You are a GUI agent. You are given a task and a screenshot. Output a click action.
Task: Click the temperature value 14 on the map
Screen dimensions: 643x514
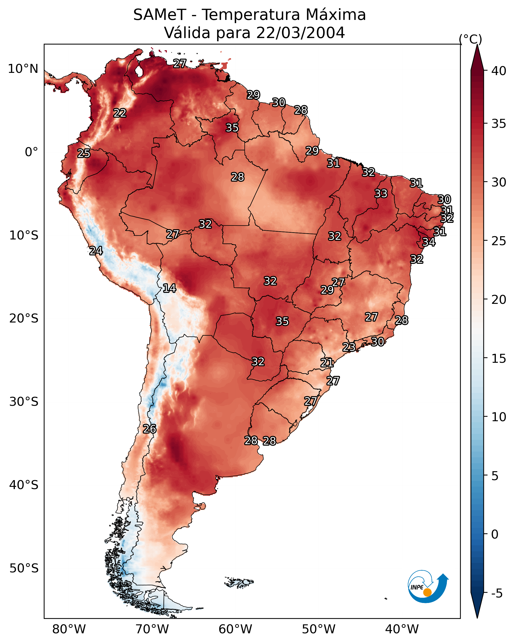tap(169, 288)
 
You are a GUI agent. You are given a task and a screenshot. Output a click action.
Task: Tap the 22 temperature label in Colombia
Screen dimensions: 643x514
tap(120, 113)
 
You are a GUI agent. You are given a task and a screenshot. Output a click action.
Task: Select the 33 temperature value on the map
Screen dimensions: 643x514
tap(381, 193)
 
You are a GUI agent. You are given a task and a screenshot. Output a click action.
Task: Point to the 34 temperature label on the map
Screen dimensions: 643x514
tap(429, 242)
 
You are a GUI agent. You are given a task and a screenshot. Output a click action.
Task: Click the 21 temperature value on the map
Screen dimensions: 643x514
tap(327, 363)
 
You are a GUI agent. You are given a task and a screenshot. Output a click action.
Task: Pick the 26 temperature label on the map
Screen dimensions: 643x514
tap(149, 429)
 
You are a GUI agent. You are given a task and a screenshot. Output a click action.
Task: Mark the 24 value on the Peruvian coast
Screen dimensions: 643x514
tap(96, 251)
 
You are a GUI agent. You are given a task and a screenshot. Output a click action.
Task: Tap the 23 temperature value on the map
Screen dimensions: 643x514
tap(349, 347)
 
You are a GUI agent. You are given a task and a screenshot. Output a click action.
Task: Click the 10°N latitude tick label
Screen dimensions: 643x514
tap(23, 69)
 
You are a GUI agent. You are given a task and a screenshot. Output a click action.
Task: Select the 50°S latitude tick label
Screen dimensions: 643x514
tap(24, 568)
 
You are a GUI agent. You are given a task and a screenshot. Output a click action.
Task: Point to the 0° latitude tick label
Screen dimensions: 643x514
tap(31, 152)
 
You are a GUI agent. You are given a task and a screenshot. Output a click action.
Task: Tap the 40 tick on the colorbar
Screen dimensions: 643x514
tap(499, 71)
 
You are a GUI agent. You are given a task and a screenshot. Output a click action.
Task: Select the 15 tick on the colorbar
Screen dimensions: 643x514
tap(499, 359)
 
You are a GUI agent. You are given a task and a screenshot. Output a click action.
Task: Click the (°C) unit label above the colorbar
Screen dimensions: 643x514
tap(470, 39)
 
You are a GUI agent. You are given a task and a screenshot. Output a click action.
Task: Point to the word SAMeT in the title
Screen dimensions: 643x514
tap(160, 15)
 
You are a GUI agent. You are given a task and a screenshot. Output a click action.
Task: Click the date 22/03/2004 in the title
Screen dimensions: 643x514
tap(300, 33)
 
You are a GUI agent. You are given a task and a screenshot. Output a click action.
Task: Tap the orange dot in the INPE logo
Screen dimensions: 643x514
tap(427, 593)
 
